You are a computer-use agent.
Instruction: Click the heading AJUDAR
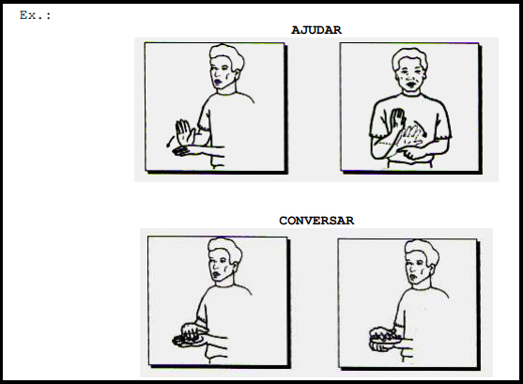tap(316, 30)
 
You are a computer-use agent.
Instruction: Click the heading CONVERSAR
tap(316, 221)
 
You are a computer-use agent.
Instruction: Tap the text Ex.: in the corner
tap(36, 15)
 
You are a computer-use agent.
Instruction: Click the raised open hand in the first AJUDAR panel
tap(185, 132)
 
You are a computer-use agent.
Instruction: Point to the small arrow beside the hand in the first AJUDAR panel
tap(170, 141)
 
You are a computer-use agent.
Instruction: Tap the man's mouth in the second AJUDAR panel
tap(409, 84)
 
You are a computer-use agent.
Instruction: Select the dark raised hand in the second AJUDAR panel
tap(397, 120)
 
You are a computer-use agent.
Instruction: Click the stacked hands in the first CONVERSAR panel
tap(189, 335)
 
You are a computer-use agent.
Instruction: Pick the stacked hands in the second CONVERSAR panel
tap(385, 339)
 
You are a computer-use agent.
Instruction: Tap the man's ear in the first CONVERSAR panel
tap(235, 266)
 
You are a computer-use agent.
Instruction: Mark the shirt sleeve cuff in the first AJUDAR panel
tap(204, 128)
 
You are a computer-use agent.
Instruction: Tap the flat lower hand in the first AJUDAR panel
tap(182, 151)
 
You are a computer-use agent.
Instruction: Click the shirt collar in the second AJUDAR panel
tap(411, 95)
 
